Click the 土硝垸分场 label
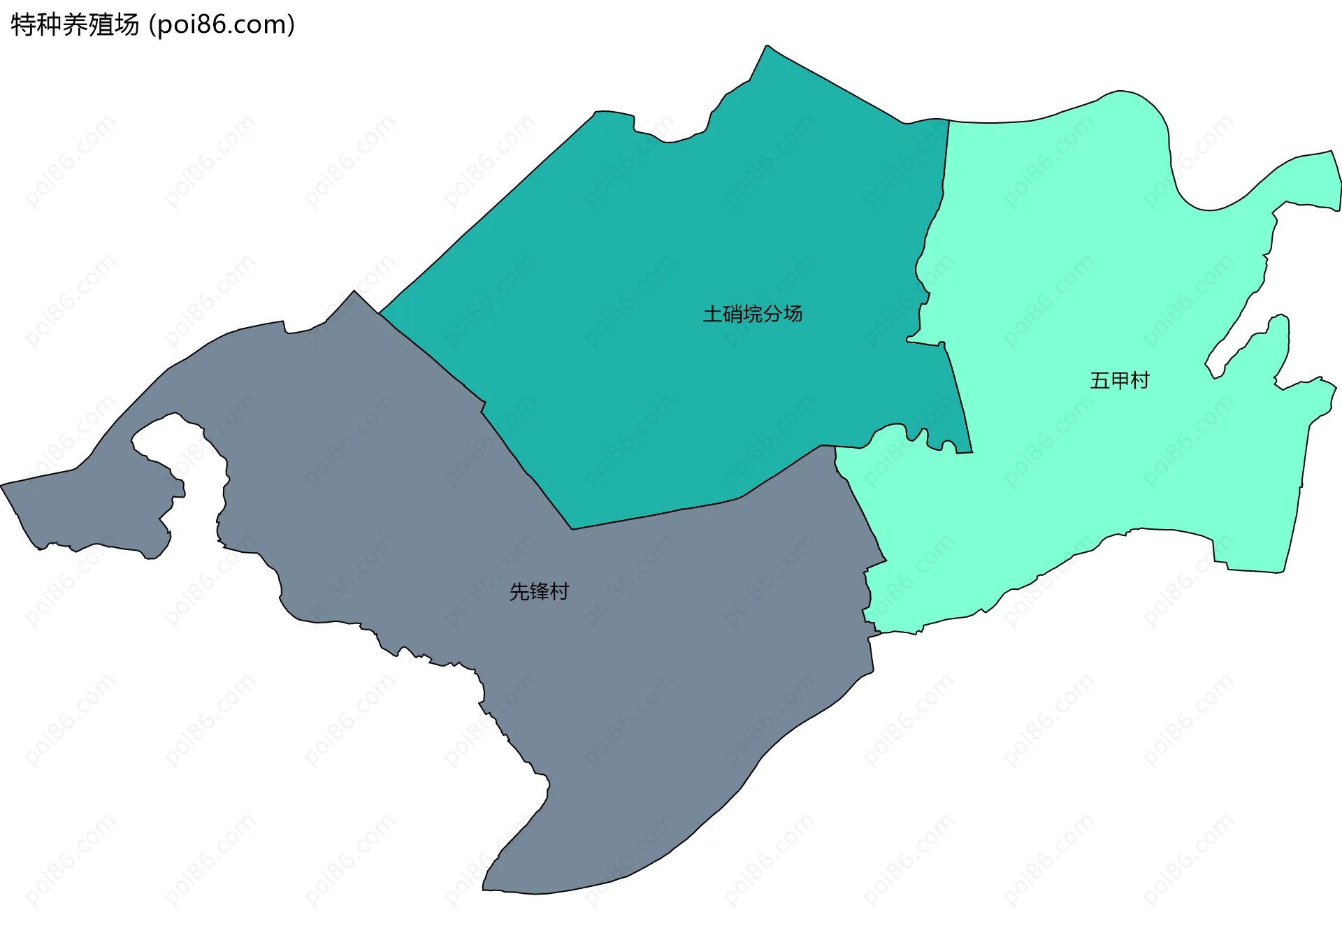pos(752,314)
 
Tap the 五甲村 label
pos(1119,380)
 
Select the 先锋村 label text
pos(539,592)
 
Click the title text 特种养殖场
pos(75,25)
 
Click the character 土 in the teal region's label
pos(712,314)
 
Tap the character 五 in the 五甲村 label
pos(1099,380)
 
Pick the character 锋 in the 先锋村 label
pos(539,592)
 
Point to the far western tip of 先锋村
pos(2,484)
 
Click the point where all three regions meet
pos(835,447)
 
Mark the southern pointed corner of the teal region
pos(572,529)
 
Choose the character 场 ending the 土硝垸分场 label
pos(793,314)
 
